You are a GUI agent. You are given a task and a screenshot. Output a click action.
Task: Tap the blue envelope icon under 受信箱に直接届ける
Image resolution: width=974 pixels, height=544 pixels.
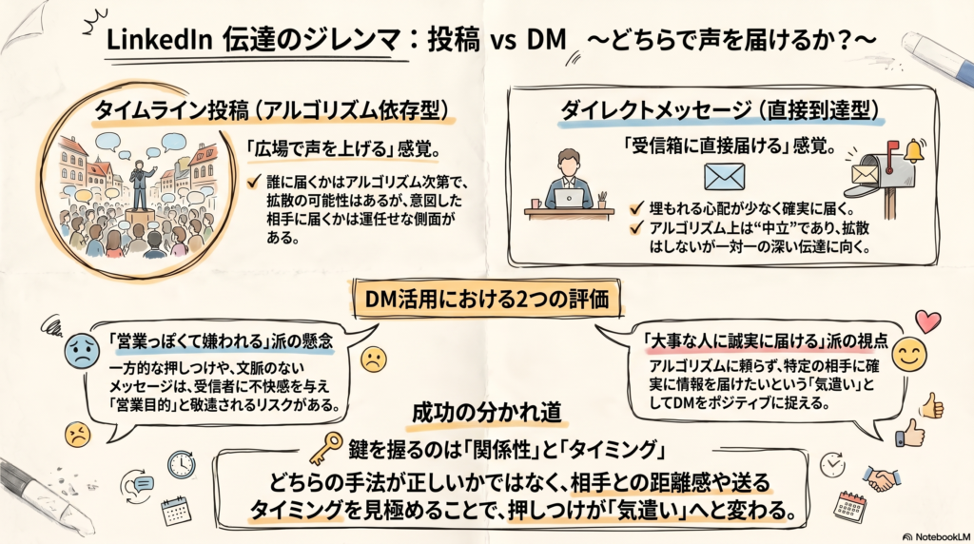coord(724,176)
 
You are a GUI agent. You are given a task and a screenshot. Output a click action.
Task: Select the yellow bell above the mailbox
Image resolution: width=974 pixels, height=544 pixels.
coord(914,150)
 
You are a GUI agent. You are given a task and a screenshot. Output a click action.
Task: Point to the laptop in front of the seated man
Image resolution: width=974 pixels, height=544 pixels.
coord(569,198)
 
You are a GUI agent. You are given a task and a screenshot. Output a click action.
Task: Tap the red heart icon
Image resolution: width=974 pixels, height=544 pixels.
coord(927,321)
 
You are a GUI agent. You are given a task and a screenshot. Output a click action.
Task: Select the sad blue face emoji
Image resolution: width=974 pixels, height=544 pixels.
coord(82,351)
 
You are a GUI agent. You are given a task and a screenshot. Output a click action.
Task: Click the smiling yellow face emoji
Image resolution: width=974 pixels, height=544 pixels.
coord(908,353)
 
